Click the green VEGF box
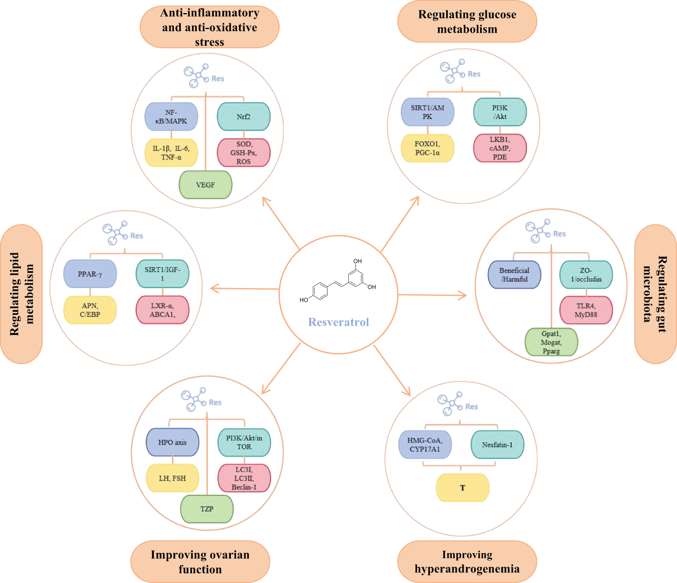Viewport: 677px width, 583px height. coord(205,185)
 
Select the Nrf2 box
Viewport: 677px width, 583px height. coord(244,117)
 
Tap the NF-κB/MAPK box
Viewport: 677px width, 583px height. coord(171,117)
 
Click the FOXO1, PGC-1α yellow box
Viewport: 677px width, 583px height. coord(427,148)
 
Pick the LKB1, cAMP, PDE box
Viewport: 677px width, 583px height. coord(500,148)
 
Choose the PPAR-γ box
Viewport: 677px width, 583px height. coord(90,274)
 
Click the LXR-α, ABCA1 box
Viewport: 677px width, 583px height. coord(162,310)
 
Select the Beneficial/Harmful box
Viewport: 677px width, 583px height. coord(515,275)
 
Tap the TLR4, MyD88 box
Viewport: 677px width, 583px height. coord(586,310)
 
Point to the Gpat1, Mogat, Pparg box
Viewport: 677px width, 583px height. coord(551,342)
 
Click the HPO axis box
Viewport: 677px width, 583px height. coord(172,442)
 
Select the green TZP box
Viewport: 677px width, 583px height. coord(207,509)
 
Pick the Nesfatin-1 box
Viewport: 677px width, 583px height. coord(497,445)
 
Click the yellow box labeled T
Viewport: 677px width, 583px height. coord(463,488)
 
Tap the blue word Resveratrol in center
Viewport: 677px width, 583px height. coord(338,322)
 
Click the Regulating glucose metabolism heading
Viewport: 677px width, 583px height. coord(467,22)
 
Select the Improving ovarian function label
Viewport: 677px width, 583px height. coord(200,562)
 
